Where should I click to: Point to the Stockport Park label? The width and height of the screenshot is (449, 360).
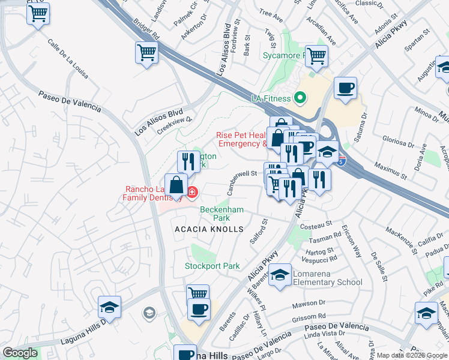point(212,266)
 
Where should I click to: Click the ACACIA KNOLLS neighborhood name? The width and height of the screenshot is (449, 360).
point(209,229)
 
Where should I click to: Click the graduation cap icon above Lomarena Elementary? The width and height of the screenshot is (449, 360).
point(280,275)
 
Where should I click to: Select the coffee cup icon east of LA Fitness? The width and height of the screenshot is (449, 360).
point(345,88)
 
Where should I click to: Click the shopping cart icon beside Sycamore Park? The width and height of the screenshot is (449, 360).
point(316,56)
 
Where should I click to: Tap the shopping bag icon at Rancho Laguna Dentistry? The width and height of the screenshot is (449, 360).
point(176,184)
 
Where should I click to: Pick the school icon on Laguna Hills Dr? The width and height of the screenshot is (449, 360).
point(110,307)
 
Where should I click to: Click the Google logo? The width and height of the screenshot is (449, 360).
point(20,353)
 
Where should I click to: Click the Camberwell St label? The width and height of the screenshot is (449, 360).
point(242,181)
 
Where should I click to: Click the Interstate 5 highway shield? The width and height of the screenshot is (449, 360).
point(341,160)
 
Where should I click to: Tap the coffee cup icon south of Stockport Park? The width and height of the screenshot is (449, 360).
point(198,309)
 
